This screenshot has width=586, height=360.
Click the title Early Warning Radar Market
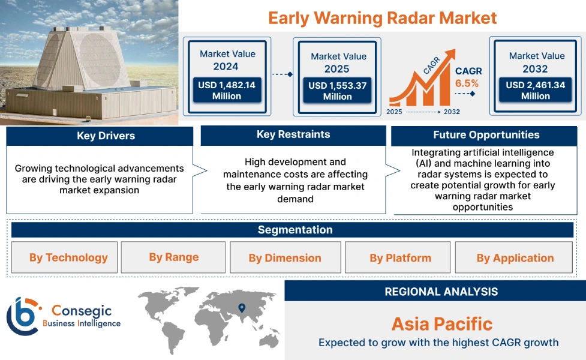382,17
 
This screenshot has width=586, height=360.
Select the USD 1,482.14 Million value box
227,90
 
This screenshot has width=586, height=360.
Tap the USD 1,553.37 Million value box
337,91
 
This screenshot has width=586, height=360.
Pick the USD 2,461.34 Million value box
535,90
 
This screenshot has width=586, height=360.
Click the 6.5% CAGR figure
467,83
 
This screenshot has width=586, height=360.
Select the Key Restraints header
293,134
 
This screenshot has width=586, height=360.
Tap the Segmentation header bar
294,230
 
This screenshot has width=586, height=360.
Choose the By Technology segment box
68,257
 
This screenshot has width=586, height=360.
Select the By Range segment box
173,257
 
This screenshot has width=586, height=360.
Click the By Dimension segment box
285,258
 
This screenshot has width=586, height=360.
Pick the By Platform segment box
400,258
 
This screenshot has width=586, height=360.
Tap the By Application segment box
515,258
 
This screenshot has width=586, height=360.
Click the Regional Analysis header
441,292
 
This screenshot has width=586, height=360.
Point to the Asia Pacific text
441,325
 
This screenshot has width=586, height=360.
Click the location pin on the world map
242,308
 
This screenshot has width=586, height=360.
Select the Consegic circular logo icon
22,316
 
